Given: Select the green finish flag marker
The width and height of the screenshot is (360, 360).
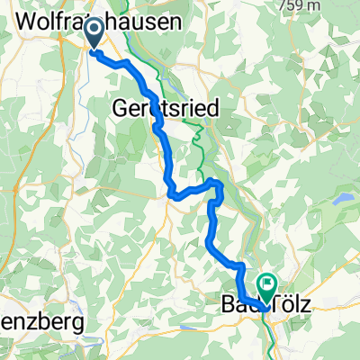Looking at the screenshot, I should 267,285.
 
